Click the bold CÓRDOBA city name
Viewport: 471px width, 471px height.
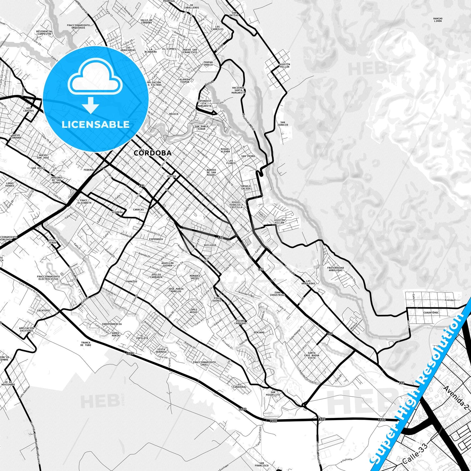pyautogui.click(x=153, y=153)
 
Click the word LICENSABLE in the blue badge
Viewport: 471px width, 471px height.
pyautogui.click(x=96, y=125)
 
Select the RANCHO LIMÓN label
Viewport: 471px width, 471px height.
pyautogui.click(x=438, y=20)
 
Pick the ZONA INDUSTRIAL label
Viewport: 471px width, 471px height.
pyautogui.click(x=277, y=294)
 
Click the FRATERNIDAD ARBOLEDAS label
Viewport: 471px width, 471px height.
pyautogui.click(x=335, y=269)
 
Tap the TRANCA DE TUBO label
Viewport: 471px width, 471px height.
pyautogui.click(x=86, y=344)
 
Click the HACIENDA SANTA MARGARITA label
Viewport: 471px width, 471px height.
pyautogui.click(x=239, y=90)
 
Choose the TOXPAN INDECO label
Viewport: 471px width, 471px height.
pyautogui.click(x=208, y=63)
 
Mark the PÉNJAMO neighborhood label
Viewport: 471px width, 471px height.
pyautogui.click(x=259, y=332)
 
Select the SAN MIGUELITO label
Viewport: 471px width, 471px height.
pyautogui.click(x=273, y=393)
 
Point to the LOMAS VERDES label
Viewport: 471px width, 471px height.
pyautogui.click(x=10, y=184)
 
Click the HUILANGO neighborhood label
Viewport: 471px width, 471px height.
pyautogui.click(x=210, y=245)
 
